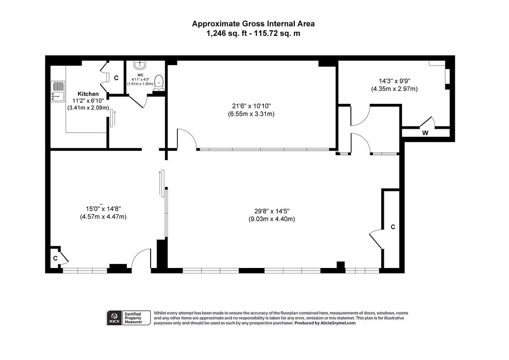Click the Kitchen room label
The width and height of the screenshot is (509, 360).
point(88,94)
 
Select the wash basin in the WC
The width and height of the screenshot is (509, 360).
point(140,65)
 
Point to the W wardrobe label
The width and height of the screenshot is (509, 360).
point(425,133)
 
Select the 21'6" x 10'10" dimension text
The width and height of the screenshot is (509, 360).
point(251,106)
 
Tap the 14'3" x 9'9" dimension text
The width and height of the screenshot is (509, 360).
point(394,81)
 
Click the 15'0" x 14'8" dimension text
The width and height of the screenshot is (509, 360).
point(103,209)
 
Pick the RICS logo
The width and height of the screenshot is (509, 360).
point(114,317)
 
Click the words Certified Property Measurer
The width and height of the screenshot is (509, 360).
point(133,318)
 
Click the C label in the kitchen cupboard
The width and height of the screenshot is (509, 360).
point(116,78)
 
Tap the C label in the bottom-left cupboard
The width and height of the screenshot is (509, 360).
point(56,259)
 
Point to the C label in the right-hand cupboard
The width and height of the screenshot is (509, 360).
point(393,227)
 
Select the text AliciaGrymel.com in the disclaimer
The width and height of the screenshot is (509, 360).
point(338,323)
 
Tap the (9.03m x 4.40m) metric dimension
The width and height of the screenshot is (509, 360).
point(272,219)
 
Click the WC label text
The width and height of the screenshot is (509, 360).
point(140,75)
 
